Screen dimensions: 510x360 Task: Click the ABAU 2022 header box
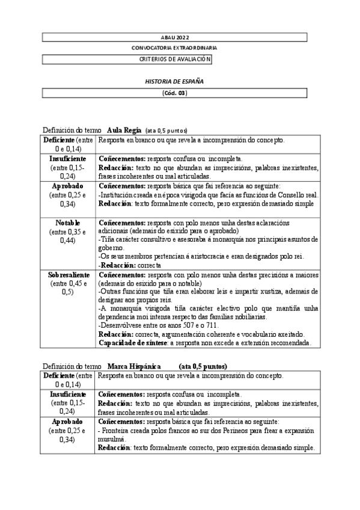tap(174, 37)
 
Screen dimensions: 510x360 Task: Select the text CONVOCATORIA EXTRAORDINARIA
tap(174, 48)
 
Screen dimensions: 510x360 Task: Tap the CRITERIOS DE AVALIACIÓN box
tap(174, 59)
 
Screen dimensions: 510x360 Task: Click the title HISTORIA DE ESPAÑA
tap(174, 81)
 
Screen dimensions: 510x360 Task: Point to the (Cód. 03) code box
tap(174, 93)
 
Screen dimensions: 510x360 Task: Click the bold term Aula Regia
tap(124, 130)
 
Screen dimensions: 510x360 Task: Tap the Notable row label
tap(67, 223)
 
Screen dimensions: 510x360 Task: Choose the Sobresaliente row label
tap(69, 274)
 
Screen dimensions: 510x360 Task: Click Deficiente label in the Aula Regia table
tap(58, 140)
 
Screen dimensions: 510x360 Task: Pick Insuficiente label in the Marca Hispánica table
tap(67, 394)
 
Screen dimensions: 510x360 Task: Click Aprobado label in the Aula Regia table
tap(67, 186)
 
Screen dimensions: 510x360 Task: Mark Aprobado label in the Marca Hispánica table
tap(67, 422)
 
